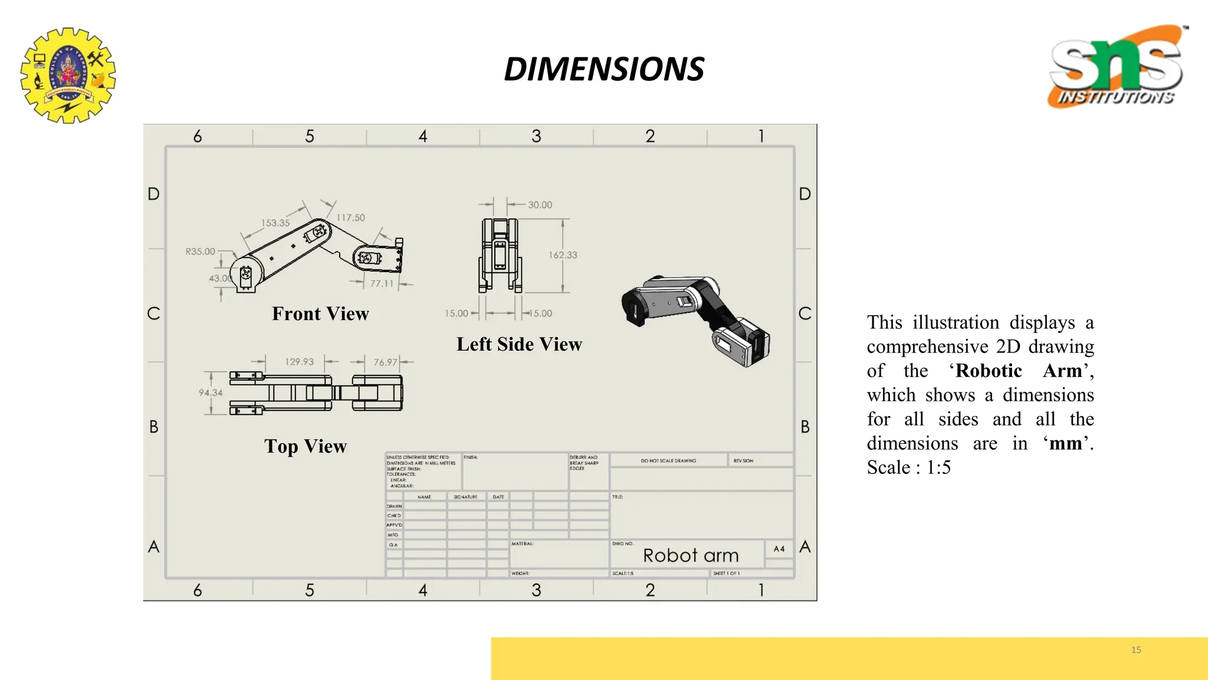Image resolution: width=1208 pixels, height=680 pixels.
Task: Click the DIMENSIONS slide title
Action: [x=604, y=69]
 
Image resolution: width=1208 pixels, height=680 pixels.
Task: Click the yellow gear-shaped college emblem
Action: [x=68, y=75]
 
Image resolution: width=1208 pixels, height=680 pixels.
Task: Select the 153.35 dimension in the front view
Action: [x=275, y=223]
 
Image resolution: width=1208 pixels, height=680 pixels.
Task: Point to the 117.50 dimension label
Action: [x=350, y=218]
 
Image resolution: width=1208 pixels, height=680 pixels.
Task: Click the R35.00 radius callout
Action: [x=201, y=251]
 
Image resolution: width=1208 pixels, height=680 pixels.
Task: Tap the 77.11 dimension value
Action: [x=382, y=283]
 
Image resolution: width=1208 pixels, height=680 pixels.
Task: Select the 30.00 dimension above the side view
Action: [x=540, y=205]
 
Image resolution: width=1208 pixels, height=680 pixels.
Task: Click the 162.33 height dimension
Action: [x=563, y=255]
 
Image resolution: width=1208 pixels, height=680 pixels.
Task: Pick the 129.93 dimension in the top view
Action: [x=299, y=362]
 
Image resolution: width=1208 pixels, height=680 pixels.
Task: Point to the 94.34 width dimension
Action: [x=211, y=393]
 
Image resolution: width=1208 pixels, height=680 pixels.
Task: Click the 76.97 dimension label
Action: [x=385, y=362]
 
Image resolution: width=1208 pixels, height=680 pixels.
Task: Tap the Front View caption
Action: [x=320, y=313]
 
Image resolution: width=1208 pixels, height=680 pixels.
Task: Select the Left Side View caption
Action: [x=519, y=344]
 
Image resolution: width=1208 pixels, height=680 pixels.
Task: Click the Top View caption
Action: [x=306, y=446]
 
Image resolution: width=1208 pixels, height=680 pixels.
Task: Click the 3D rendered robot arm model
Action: [x=696, y=319]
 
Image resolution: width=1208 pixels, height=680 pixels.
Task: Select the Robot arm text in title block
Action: [x=691, y=555]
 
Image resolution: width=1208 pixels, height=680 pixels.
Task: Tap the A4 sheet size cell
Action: [x=779, y=549]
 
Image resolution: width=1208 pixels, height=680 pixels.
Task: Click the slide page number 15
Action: [x=1136, y=650]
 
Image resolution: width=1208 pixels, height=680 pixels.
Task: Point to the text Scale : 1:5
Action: [x=908, y=467]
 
